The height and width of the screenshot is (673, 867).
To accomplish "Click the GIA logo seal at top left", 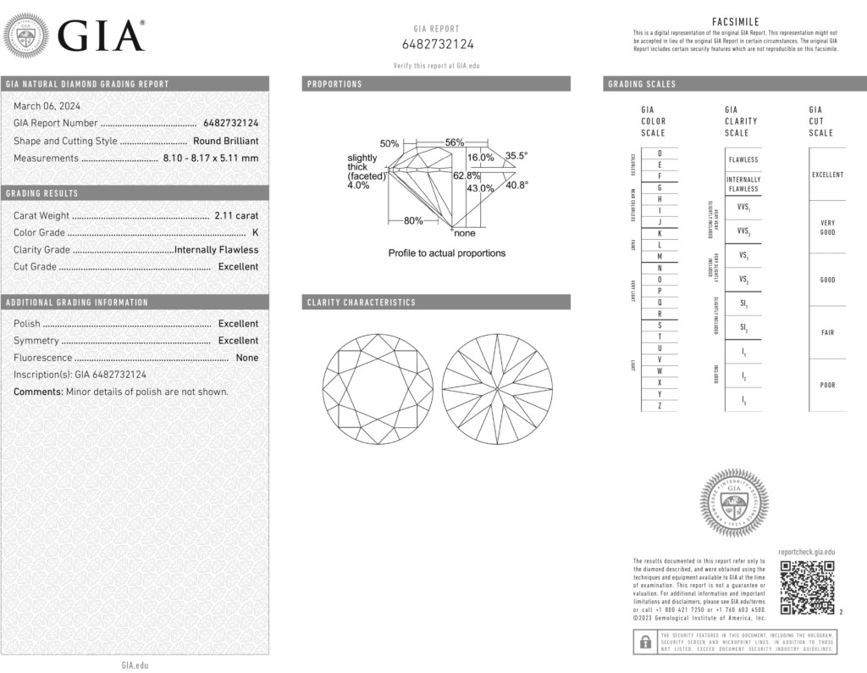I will coord(26,37).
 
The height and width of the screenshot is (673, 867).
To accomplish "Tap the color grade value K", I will coord(255,233).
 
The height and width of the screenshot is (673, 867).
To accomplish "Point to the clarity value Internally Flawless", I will coord(216,250).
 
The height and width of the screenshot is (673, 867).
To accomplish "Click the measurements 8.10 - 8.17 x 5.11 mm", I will coord(211,159).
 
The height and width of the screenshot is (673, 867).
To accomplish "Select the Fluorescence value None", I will coord(247,358).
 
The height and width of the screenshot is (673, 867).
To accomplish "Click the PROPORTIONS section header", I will coord(335,85).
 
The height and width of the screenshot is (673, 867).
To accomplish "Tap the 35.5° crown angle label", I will coord(516,156).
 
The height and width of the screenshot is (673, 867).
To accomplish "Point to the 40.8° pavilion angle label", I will coord(516,185).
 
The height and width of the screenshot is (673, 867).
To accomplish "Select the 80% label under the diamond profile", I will coord(413,221).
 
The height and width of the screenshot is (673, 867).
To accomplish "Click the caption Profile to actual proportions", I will coord(446,253).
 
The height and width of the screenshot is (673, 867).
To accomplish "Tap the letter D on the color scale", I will coord(659,153).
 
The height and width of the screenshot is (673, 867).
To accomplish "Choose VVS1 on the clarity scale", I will coord(743,207).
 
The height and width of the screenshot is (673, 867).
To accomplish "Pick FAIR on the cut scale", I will coord(827,333).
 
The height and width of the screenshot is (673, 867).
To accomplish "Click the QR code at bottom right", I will coord(807,587).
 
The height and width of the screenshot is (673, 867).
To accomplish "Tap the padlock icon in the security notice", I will coord(644,642).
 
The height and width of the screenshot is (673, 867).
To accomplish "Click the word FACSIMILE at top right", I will coord(736,21).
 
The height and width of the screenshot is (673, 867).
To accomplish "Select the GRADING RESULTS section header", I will coord(42,194).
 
